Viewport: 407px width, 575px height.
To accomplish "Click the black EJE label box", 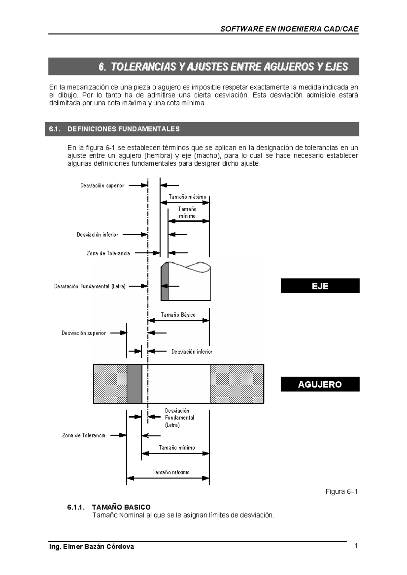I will point(320,286).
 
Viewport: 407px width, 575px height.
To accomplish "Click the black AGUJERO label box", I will point(320,384).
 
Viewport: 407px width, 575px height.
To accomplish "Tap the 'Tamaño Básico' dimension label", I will point(178,315).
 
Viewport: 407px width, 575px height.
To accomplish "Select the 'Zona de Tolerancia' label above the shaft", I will point(108,253).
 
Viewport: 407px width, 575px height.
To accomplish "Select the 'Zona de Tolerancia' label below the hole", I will point(83,435).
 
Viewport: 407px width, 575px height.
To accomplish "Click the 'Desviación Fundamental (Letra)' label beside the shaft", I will point(90,286).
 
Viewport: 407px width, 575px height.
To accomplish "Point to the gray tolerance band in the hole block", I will point(134,384).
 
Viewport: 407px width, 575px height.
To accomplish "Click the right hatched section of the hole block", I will point(237,384).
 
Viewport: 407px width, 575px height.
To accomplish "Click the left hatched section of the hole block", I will point(110,384).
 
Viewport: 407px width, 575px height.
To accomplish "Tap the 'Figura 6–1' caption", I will point(342,492).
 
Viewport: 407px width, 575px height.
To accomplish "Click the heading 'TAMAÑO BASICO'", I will point(121,507).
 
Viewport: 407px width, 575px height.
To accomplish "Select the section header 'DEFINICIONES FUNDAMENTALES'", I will point(123,129).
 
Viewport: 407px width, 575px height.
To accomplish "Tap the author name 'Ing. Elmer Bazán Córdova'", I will point(92,547).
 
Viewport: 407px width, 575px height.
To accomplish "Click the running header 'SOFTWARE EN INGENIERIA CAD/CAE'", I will point(289,29).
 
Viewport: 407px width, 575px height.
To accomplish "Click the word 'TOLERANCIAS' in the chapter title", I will point(142,67).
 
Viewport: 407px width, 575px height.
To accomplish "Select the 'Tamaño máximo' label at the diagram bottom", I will point(171,472).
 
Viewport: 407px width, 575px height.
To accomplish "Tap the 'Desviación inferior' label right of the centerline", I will point(192,352).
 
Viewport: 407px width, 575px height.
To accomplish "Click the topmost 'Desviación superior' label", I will point(102,186).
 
